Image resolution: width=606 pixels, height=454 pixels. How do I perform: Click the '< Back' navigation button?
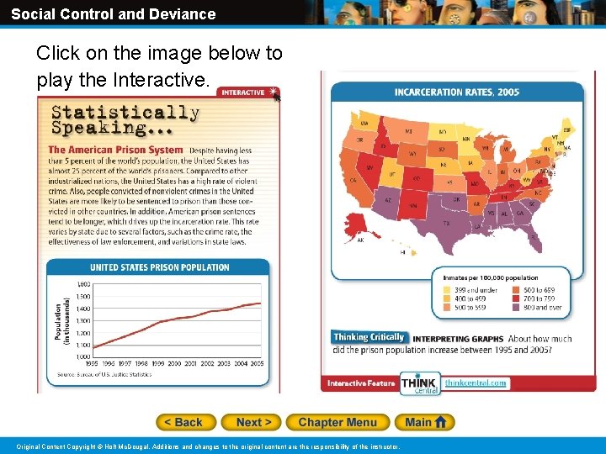(186, 422)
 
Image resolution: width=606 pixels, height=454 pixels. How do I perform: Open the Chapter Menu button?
(338, 422)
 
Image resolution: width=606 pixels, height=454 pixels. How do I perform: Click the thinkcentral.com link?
(476, 383)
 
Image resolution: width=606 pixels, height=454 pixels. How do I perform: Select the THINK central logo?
(419, 383)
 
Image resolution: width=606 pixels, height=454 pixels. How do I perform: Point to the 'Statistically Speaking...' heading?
(125, 119)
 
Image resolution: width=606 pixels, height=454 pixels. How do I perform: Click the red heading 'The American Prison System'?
(115, 150)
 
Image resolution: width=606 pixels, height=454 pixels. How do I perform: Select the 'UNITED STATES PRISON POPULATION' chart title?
(159, 267)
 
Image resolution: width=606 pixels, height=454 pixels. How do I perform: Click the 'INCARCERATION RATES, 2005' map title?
(456, 92)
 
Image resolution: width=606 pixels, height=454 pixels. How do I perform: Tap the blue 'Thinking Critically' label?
(369, 337)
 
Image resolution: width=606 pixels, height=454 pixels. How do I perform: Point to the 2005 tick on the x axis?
(257, 363)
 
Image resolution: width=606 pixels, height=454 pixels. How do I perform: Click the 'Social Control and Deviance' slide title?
(114, 14)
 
